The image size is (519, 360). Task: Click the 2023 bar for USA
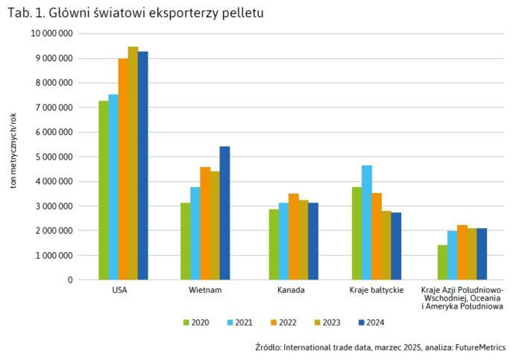click(x=133, y=163)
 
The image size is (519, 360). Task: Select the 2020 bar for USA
click(x=103, y=190)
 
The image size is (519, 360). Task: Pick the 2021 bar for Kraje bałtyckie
click(x=367, y=223)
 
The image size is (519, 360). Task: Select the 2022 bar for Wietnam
click(x=205, y=224)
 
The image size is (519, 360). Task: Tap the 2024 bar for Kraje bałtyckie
click(x=396, y=246)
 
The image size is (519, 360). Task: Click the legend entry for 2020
click(x=195, y=323)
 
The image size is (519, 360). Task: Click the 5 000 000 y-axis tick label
click(x=54, y=157)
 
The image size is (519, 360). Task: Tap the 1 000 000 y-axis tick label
click(x=54, y=256)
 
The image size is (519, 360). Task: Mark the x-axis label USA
click(x=118, y=289)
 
